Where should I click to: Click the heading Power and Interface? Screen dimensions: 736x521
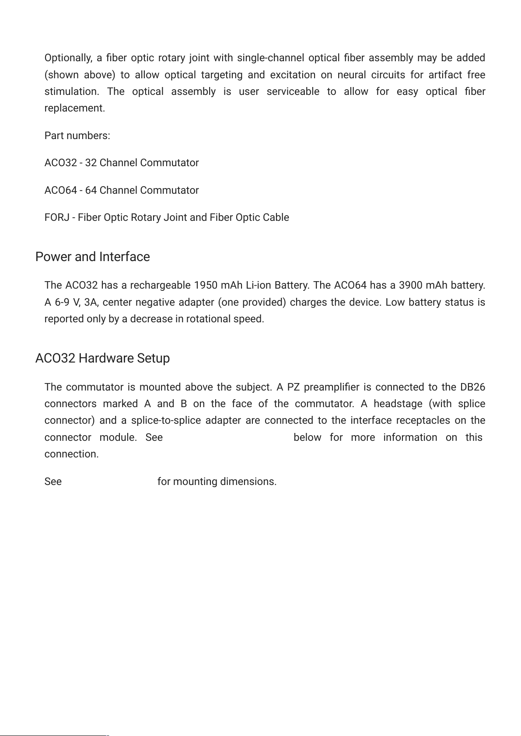tap(92, 257)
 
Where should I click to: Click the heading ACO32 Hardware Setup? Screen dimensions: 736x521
tap(102, 358)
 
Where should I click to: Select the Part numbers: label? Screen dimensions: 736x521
tap(77, 136)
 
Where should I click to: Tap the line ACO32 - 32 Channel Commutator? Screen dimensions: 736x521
tap(122, 163)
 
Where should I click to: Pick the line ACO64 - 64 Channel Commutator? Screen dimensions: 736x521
tap(122, 190)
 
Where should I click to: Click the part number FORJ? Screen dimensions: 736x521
tap(56, 217)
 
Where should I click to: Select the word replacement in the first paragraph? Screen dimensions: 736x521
tap(74, 108)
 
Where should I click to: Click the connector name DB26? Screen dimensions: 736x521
tap(472, 387)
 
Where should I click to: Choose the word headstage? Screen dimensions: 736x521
tap(398, 404)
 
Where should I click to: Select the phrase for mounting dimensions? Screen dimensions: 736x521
tap(217, 481)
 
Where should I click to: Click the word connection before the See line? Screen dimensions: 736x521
tap(71, 454)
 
